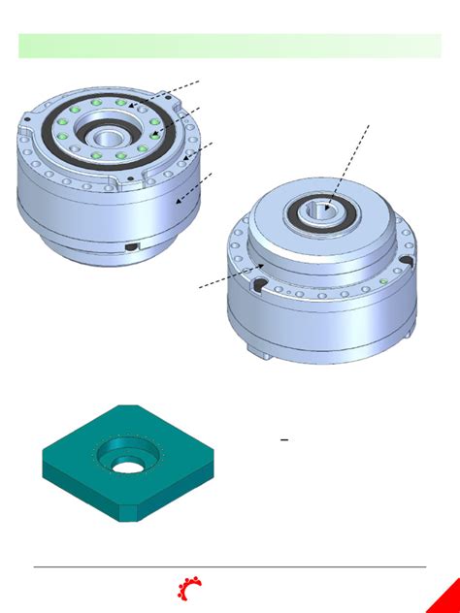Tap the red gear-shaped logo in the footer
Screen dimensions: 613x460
click(x=188, y=588)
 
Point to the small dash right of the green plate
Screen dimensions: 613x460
click(x=284, y=439)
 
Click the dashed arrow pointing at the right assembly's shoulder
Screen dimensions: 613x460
click(x=231, y=276)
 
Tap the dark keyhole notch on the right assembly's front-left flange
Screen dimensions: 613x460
click(x=260, y=283)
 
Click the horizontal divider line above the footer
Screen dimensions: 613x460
click(x=229, y=567)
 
